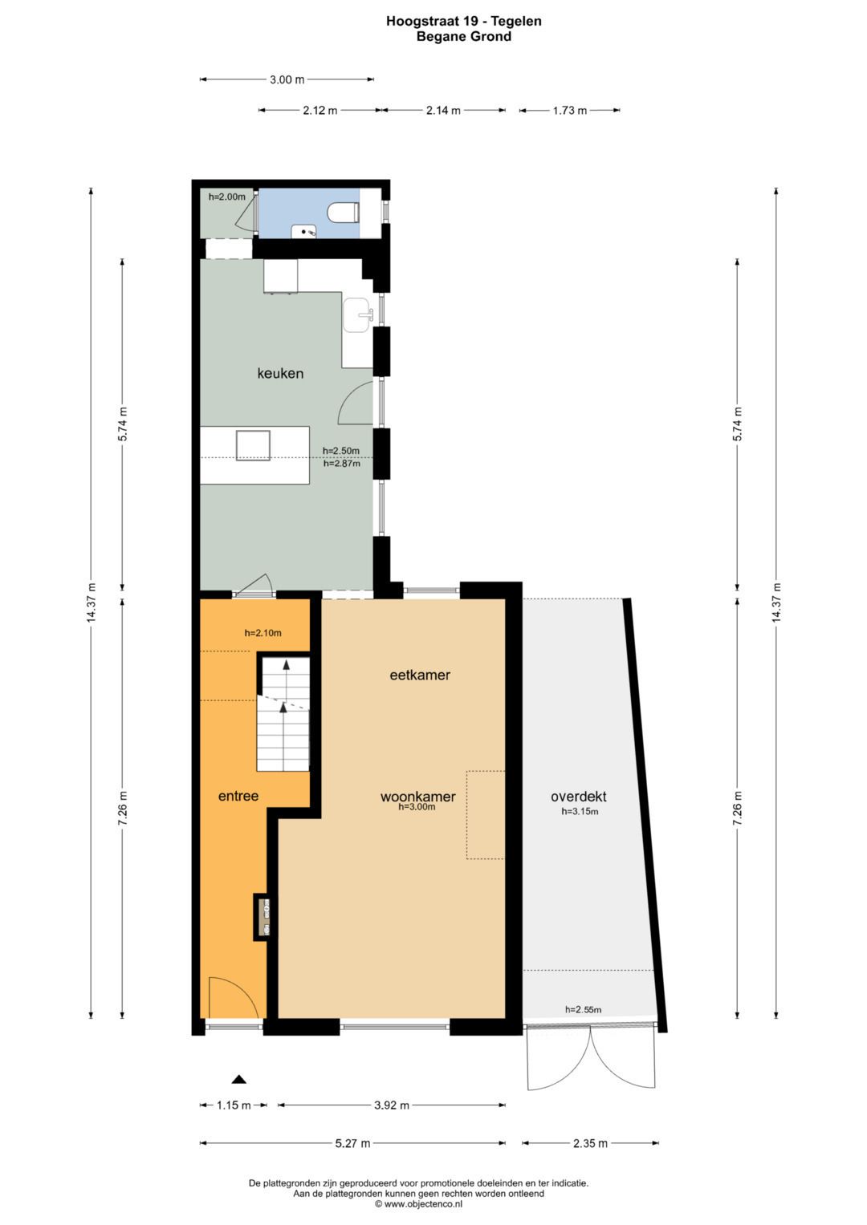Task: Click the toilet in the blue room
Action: pos(343,212)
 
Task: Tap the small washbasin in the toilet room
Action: pos(303,231)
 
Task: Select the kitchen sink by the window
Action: pos(359,315)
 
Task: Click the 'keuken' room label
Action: pos(280,374)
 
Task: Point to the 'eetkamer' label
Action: pos(420,675)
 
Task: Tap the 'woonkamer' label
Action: pos(418,797)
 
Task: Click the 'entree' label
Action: pos(238,796)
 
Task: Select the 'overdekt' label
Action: pos(579,797)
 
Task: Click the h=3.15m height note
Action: pos(580,812)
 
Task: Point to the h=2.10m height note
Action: pos(263,633)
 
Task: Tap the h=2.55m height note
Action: pos(584,1009)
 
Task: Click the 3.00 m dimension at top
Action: pos(287,80)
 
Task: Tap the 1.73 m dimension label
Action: pos(569,111)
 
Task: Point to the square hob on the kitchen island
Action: pos(253,445)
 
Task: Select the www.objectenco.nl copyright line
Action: pos(419,1203)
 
